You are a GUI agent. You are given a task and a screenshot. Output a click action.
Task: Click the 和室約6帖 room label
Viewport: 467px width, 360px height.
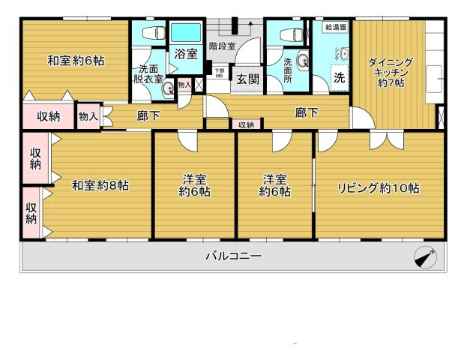[x=76, y=60]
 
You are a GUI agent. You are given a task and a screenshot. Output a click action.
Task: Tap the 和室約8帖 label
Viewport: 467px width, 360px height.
[x=100, y=185]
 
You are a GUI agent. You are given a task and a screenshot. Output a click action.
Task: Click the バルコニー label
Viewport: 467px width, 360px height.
[x=233, y=256]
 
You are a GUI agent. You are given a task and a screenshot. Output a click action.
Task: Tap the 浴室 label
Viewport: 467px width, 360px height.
[x=185, y=55]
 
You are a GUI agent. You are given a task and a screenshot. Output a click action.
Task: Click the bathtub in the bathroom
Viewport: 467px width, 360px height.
[x=185, y=34]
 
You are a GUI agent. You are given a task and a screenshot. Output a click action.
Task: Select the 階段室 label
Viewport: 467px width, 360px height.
[x=223, y=44]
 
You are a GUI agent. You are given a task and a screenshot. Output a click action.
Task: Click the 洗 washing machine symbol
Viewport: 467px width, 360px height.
[x=340, y=78]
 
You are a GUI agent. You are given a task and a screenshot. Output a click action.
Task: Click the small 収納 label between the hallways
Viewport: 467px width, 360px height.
[x=246, y=124]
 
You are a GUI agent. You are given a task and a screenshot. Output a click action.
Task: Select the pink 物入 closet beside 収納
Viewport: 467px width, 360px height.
[x=88, y=116]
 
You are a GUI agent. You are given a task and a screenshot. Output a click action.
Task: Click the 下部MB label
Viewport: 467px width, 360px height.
[x=219, y=73]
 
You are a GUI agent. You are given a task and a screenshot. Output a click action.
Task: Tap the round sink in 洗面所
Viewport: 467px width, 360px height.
[x=302, y=61]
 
